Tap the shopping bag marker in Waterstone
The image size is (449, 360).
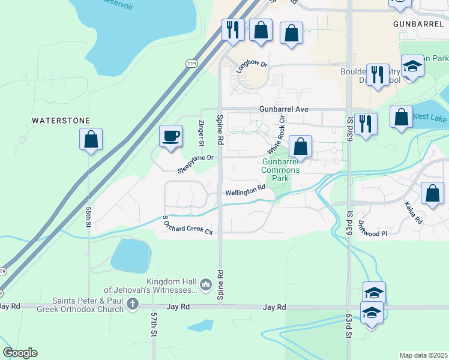coord(91,139)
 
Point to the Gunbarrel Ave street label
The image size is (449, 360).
coord(283,109)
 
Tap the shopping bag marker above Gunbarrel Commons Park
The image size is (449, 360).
coord(300,146)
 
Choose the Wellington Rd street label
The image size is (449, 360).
coord(246,191)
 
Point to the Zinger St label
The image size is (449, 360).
coord(201,133)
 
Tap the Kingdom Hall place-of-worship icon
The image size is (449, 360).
coord(206,283)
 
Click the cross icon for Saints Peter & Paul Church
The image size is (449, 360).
coord(133,306)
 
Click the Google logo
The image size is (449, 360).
coord(20,353)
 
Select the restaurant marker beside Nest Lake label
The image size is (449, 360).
coord(365,124)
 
